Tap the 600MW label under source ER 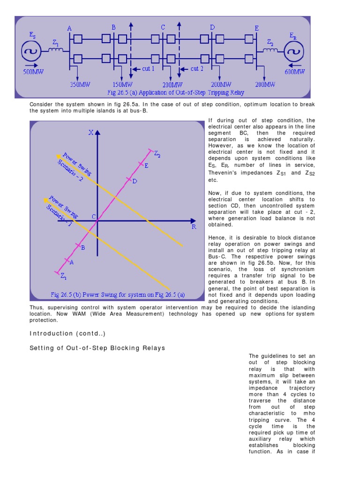[294, 72]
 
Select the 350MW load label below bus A [80, 85]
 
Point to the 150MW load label [122, 85]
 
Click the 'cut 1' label [149, 68]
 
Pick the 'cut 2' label [197, 68]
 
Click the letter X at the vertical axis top [90, 133]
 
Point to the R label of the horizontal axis [194, 226]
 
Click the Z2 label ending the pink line [157, 155]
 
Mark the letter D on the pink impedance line [135, 181]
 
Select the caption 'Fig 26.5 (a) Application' [162, 92]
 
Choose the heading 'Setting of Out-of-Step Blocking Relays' [97, 348]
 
